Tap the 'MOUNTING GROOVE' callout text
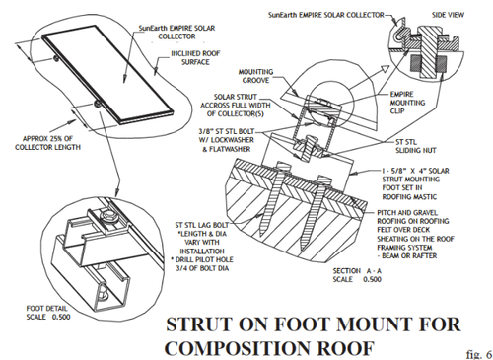click(x=255, y=76)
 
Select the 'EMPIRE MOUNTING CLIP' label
click(x=407, y=103)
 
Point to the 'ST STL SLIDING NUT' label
click(x=416, y=146)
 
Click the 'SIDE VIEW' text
click(x=448, y=15)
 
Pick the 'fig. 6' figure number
click(x=479, y=354)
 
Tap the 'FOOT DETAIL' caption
click(x=46, y=309)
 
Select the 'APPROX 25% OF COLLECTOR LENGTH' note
click(x=47, y=143)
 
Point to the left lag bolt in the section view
click(x=272, y=196)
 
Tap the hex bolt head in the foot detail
click(x=108, y=217)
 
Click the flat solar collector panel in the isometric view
click(x=108, y=74)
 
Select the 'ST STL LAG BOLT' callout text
click(x=201, y=225)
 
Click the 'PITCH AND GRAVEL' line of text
click(x=407, y=213)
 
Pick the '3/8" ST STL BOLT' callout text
click(x=227, y=131)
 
